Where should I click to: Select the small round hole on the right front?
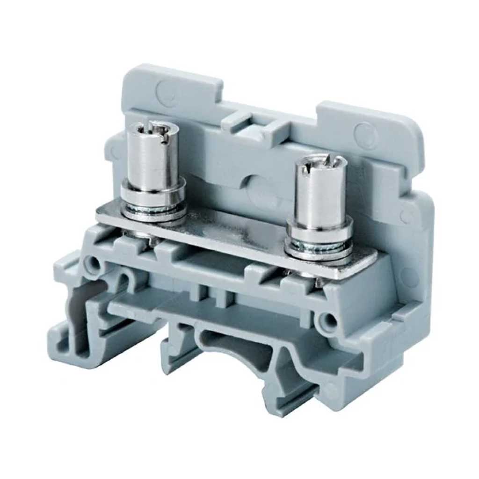click(330, 320)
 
